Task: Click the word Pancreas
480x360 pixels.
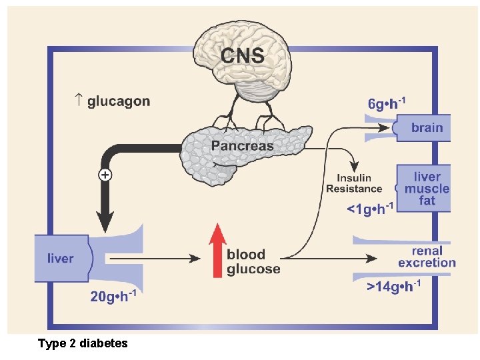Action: tap(242, 146)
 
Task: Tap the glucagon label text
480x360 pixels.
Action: tap(119, 101)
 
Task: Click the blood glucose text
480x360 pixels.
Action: tap(253, 261)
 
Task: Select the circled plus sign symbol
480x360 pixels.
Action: tap(105, 175)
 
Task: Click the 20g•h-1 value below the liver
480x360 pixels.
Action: tap(113, 297)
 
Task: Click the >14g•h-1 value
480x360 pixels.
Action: tap(393, 287)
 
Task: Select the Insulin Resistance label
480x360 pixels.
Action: tap(354, 183)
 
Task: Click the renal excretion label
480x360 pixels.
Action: tap(427, 257)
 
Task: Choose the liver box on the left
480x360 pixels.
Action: tap(61, 257)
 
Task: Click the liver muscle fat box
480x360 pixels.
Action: tap(425, 189)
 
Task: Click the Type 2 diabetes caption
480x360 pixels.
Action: tap(83, 343)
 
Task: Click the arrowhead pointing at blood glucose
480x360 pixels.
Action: tap(198, 258)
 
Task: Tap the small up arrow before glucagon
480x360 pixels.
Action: tap(78, 101)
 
